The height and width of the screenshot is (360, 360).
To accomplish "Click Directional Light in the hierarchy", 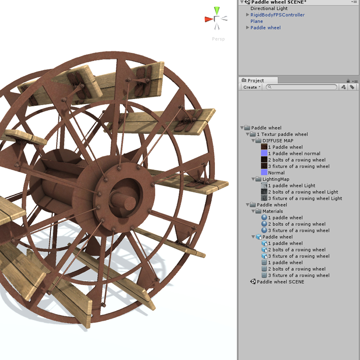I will click(x=269, y=8).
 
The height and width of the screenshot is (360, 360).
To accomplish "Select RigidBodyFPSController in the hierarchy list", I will click(x=277, y=15).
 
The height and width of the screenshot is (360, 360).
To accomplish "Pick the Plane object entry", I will click(x=257, y=21).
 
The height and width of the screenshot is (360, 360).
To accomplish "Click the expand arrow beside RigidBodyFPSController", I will click(x=248, y=15).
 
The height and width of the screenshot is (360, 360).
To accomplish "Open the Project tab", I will click(x=255, y=80).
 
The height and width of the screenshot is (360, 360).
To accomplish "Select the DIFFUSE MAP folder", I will click(x=278, y=141).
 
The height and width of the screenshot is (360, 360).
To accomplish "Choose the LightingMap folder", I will click(x=276, y=179).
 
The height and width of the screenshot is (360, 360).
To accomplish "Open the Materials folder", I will click(x=273, y=211).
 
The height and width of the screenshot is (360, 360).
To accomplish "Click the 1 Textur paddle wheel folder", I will click(x=282, y=134).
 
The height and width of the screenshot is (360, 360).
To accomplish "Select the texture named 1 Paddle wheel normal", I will click(x=294, y=153).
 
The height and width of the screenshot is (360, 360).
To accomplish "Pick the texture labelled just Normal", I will click(x=276, y=173).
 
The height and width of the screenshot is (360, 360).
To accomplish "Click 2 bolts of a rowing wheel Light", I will click(x=303, y=192).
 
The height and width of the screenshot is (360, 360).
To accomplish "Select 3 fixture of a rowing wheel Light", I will click(x=305, y=198).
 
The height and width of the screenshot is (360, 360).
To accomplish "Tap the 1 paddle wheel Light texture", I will click(x=291, y=186).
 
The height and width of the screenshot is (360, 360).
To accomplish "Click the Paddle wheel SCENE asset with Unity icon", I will click(x=280, y=282).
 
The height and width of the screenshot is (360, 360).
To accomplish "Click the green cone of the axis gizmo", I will click(x=216, y=10).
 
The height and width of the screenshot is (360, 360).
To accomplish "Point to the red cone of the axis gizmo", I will click(x=208, y=19).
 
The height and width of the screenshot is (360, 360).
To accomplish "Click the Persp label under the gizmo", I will click(x=218, y=39).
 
